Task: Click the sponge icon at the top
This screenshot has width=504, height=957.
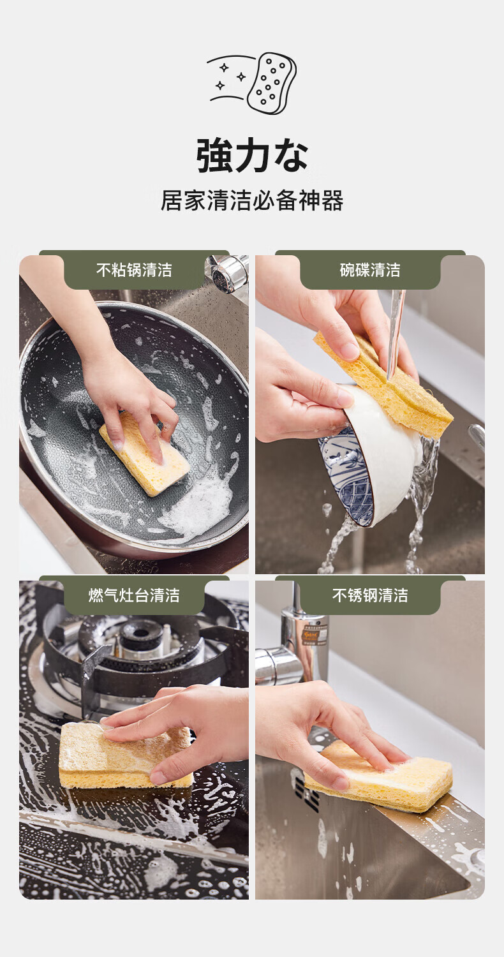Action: coord(272,84)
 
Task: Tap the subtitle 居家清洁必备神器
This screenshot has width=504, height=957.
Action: coord(252,200)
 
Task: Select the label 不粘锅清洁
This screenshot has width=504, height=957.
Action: coord(134,270)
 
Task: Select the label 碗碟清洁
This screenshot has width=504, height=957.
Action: coord(370,270)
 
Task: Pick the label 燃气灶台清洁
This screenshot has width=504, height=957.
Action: coord(134,595)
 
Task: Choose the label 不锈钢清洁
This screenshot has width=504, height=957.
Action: coord(370,595)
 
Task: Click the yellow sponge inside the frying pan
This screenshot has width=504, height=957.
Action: coord(144,454)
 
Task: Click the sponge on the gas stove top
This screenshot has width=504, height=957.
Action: coord(126,755)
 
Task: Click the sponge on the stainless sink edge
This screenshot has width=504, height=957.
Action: coord(378,776)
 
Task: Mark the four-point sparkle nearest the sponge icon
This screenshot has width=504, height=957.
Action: coord(241,77)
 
